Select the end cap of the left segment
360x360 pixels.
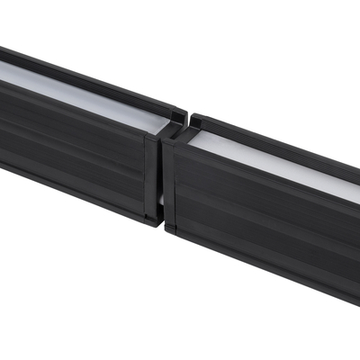[x=151, y=175]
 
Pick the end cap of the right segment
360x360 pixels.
[x=168, y=184]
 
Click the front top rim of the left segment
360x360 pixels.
[x=72, y=108]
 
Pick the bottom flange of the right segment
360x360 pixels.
[x=261, y=265]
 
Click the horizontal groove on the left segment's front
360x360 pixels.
[x=72, y=144]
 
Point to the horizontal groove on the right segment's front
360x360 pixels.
[x=261, y=216]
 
